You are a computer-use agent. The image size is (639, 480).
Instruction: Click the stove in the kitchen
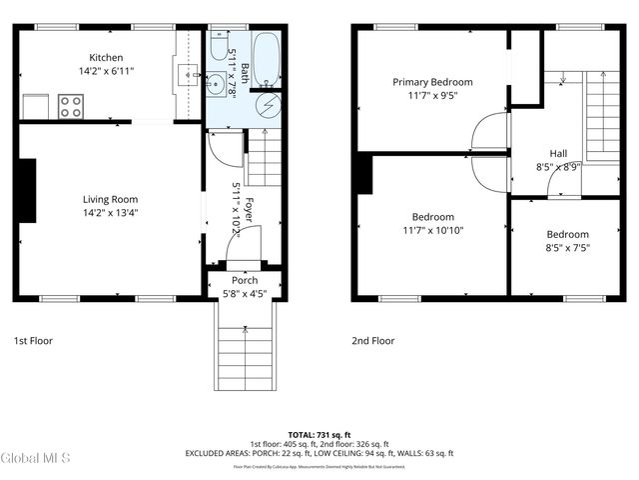pos(71,106)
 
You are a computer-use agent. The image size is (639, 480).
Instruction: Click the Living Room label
pos(110,199)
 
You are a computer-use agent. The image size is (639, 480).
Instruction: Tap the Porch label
pos(245,280)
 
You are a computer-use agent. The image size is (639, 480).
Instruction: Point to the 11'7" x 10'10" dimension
pos(432,230)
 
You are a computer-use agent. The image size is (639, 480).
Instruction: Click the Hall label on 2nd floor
pos(557,153)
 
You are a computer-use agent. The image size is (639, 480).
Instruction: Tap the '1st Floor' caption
pos(33,341)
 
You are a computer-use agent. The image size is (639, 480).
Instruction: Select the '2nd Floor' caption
pos(372,341)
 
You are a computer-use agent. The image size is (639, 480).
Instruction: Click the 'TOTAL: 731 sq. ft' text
pos(319,434)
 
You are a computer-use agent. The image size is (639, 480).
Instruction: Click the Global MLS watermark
pos(36,459)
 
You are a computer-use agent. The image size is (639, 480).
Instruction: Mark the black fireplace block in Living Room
pos(30,190)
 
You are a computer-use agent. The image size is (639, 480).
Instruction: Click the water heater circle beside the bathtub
pos(269,105)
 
